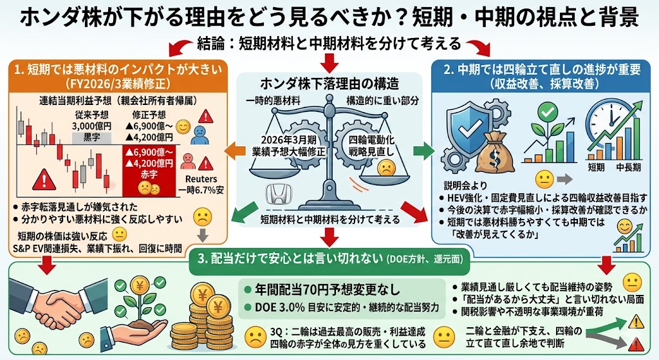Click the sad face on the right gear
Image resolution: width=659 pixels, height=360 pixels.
tap(387, 169)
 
